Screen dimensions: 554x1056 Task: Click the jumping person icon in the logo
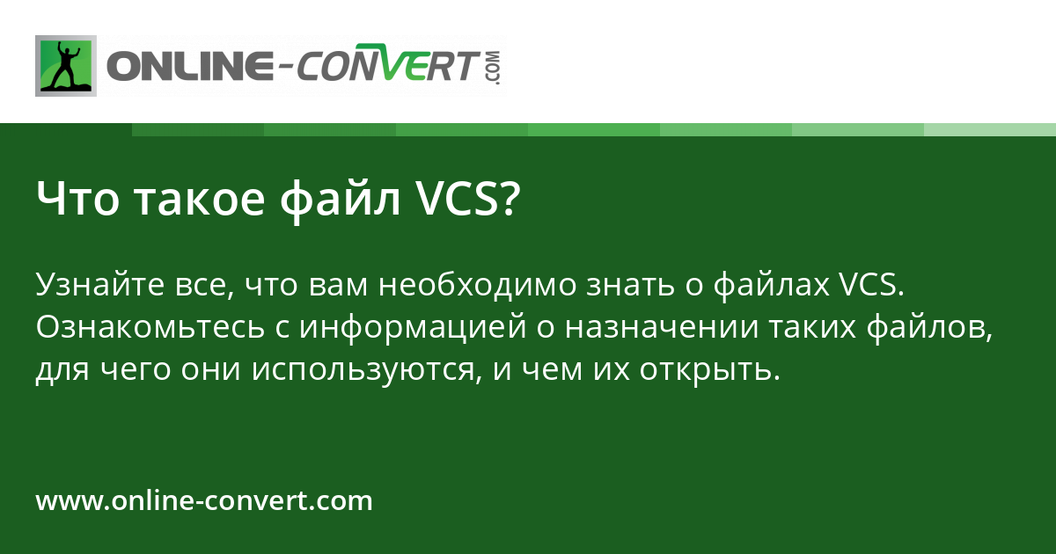coord(66,66)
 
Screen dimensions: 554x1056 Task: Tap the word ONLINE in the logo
coord(188,67)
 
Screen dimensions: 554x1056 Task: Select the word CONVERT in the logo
coord(388,67)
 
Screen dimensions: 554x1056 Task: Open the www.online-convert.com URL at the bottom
coord(204,501)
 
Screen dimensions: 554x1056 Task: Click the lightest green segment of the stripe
coord(990,129)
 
